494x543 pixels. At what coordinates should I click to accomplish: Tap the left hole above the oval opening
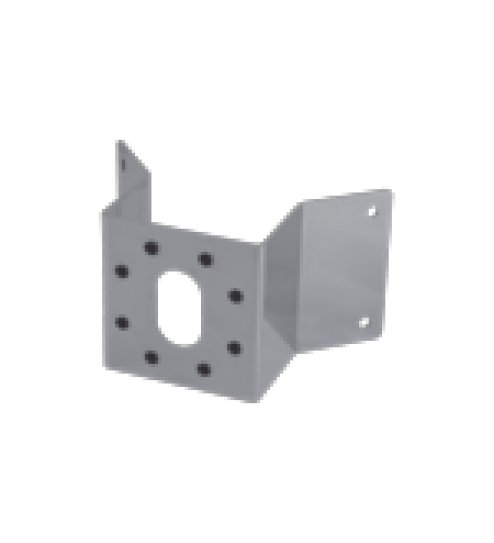(x=150, y=247)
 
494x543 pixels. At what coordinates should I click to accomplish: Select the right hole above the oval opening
(x=205, y=259)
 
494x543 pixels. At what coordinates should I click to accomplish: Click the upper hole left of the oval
(x=122, y=271)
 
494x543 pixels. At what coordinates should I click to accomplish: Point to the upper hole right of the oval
(x=235, y=295)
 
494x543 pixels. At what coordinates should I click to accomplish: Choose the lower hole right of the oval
(x=234, y=347)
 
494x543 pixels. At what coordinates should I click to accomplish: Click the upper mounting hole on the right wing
(x=372, y=211)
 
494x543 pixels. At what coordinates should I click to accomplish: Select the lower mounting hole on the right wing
(x=364, y=321)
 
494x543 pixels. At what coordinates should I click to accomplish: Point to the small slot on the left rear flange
(x=123, y=164)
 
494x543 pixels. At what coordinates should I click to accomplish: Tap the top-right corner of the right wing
(x=392, y=191)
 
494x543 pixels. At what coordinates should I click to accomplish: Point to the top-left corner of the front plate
(x=102, y=212)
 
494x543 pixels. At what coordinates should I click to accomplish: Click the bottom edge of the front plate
(x=183, y=385)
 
